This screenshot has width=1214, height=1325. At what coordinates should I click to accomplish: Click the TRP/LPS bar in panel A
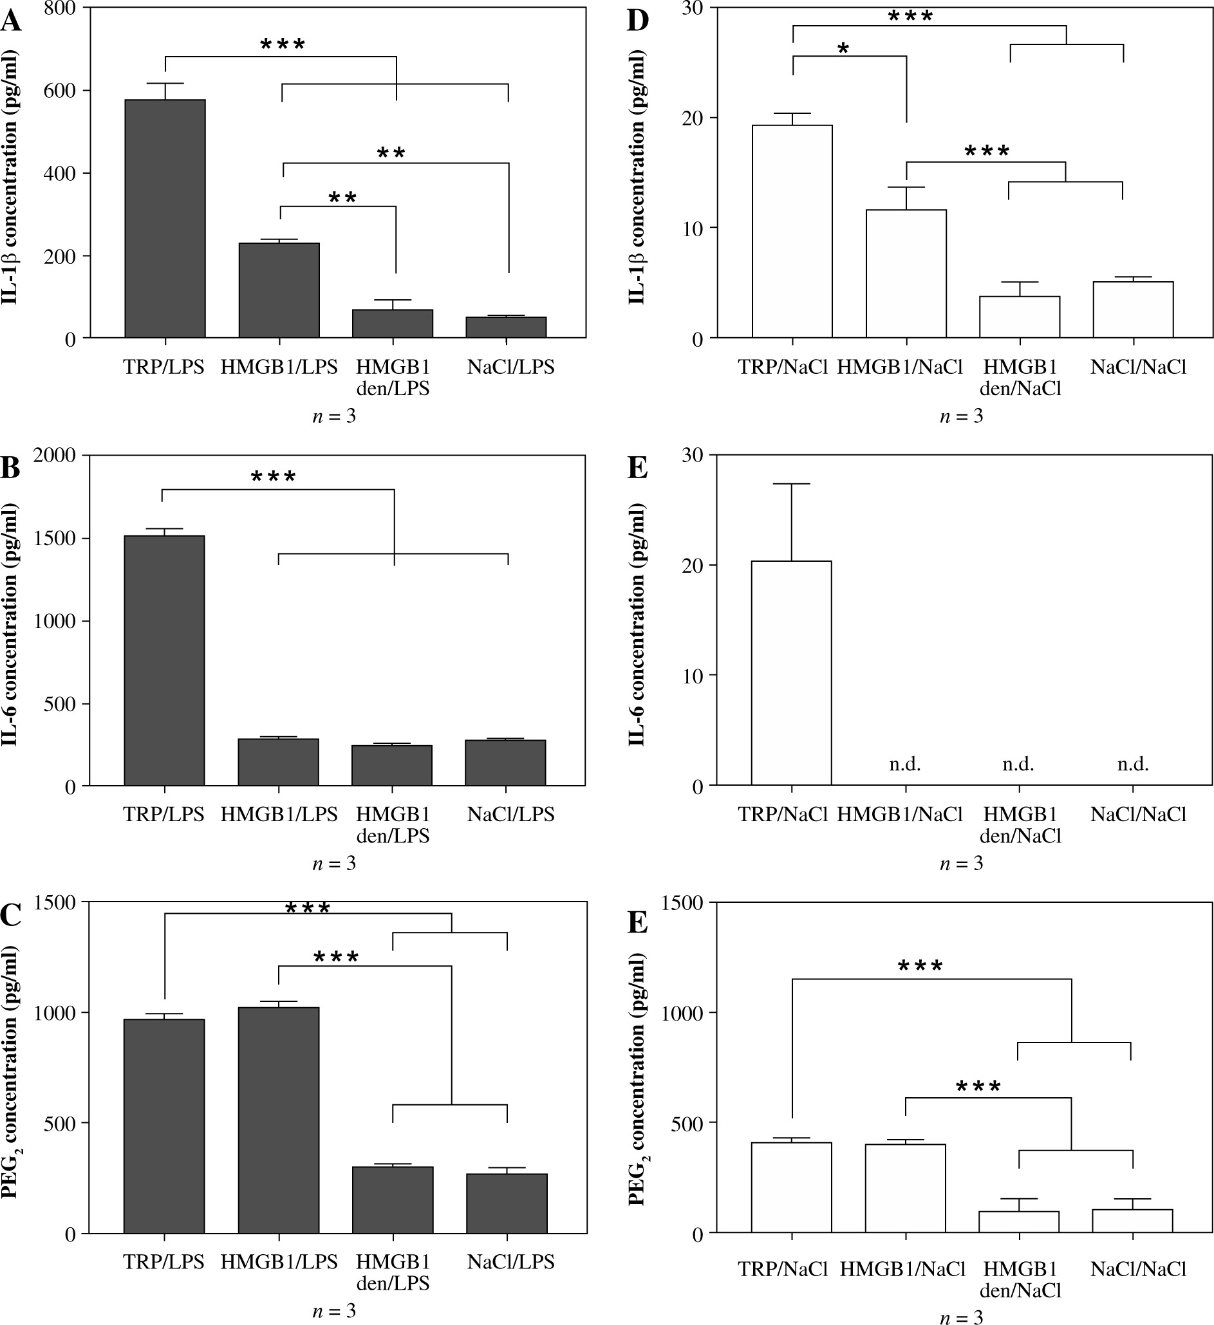click(165, 219)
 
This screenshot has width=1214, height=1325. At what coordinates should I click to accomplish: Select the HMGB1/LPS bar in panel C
click(279, 1120)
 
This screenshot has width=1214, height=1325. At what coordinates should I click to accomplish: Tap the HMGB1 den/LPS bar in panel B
click(392, 765)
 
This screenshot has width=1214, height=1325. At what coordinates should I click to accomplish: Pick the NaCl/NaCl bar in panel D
click(1133, 310)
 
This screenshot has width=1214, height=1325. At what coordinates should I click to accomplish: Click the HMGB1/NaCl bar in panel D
click(906, 273)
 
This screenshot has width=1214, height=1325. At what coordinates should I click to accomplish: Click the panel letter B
click(10, 468)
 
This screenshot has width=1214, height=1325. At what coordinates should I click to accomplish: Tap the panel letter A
click(10, 21)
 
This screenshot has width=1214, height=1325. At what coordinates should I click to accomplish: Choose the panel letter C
click(10, 915)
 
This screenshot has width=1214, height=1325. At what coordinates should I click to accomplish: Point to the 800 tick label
click(61, 8)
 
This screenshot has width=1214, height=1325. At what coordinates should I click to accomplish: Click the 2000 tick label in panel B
click(54, 456)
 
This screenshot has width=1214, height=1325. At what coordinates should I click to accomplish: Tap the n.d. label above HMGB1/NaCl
click(904, 764)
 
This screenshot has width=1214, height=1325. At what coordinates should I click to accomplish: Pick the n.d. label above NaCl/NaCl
click(1132, 764)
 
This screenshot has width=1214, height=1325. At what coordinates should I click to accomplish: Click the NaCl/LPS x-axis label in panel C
click(510, 1261)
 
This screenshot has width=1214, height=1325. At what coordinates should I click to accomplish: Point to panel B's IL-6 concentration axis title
click(10, 624)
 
